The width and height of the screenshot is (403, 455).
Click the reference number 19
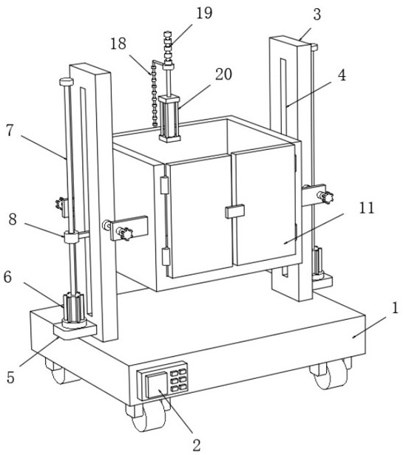[204, 13]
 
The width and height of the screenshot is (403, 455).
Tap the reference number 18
[118, 44]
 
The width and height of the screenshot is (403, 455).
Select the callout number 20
[223, 75]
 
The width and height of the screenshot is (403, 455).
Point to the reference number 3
[317, 14]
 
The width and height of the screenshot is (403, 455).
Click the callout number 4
[342, 75]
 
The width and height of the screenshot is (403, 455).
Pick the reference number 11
[367, 208]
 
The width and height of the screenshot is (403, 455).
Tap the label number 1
[395, 308]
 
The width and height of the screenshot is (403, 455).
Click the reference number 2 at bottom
[197, 445]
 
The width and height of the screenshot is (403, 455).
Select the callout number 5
[11, 378]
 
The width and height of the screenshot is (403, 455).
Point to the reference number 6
[8, 278]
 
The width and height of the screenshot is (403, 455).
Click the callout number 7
[10, 131]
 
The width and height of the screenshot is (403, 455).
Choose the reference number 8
[13, 219]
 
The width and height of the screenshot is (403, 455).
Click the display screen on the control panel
[156, 386]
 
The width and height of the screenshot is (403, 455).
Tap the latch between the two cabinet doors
[234, 211]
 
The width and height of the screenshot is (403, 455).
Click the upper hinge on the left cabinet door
[164, 185]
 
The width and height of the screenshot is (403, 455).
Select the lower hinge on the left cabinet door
[166, 256]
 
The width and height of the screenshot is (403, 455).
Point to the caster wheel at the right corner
[331, 374]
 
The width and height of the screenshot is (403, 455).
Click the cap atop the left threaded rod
[66, 81]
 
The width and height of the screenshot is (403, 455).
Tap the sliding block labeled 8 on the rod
[72, 237]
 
